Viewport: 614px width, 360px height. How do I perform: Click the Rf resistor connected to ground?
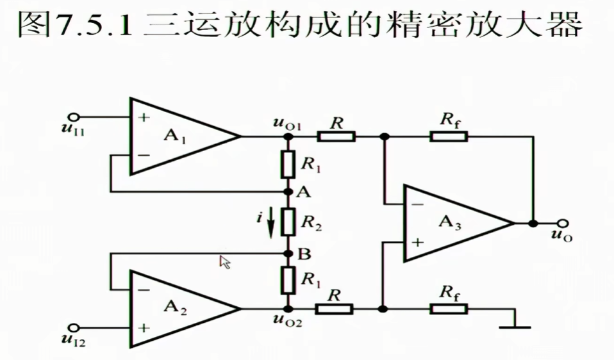coord(449,309)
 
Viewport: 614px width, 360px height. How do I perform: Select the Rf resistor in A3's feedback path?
coord(449,136)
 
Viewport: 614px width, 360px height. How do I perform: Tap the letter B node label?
coord(304,254)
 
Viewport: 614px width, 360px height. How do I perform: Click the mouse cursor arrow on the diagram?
coord(224,261)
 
